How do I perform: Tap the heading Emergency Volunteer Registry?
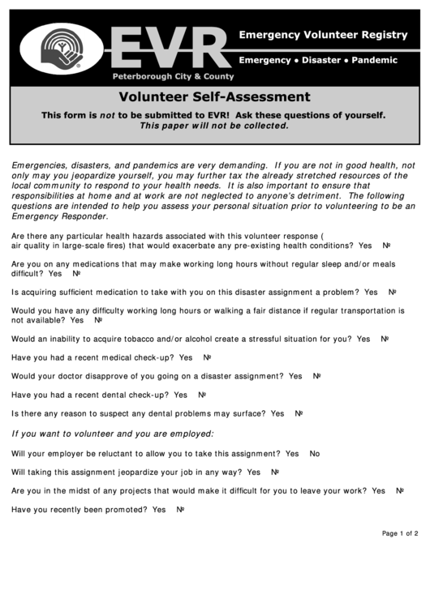(322, 35)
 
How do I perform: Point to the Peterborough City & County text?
(173, 76)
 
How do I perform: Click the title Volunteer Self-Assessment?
(214, 97)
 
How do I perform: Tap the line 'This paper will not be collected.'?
(214, 126)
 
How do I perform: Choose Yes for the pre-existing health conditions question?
(365, 246)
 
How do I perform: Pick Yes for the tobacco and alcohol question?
(363, 339)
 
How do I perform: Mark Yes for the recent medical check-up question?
(186, 357)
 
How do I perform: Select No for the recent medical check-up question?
(207, 357)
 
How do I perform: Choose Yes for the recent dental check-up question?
(180, 395)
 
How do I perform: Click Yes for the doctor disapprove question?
(295, 376)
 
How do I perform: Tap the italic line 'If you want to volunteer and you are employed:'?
(113, 433)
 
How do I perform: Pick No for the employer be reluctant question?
(315, 454)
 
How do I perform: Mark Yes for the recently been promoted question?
(159, 509)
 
